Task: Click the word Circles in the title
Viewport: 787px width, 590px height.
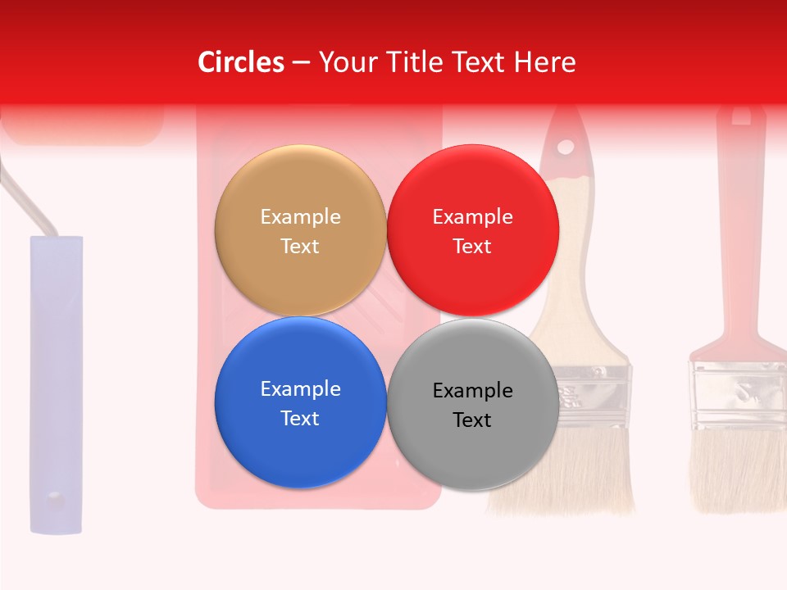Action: pos(241,61)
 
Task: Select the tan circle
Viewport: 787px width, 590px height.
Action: pos(300,231)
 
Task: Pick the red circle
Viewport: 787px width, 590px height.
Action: pos(472,231)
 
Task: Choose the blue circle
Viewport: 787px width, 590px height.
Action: pos(300,403)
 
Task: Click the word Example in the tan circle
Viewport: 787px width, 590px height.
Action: pos(300,216)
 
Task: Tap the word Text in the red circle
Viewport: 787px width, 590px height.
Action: pos(472,247)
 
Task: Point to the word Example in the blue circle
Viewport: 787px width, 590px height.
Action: pos(300,388)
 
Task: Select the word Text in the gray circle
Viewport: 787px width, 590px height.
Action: pos(472,420)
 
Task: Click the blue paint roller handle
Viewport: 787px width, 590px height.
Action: pos(56,369)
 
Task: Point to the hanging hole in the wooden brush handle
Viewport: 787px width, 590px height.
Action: pos(566,147)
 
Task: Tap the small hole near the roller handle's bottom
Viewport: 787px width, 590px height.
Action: pos(54,496)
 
